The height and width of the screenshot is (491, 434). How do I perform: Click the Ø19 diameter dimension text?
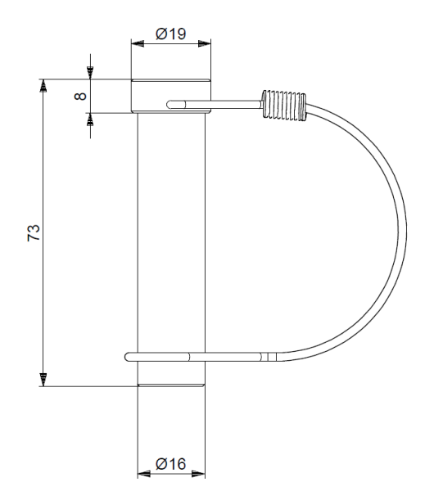pyautogui.click(x=171, y=34)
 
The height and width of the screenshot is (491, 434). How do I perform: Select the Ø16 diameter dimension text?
pyautogui.click(x=171, y=464)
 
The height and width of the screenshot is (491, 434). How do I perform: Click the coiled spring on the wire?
pyautogui.click(x=283, y=106)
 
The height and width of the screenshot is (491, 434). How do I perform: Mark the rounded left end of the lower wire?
pyautogui.click(x=129, y=357)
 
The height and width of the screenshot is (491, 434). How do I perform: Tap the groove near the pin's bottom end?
pyautogui.click(x=170, y=383)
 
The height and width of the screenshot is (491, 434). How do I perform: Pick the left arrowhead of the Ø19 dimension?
pyautogui.click(x=136, y=44)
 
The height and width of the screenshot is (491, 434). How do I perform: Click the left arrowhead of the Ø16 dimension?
pyautogui.click(x=142, y=473)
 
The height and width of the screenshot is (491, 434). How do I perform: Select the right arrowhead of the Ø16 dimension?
pyautogui.click(x=199, y=473)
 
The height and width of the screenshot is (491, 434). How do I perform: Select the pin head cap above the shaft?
pyautogui.click(x=171, y=95)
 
